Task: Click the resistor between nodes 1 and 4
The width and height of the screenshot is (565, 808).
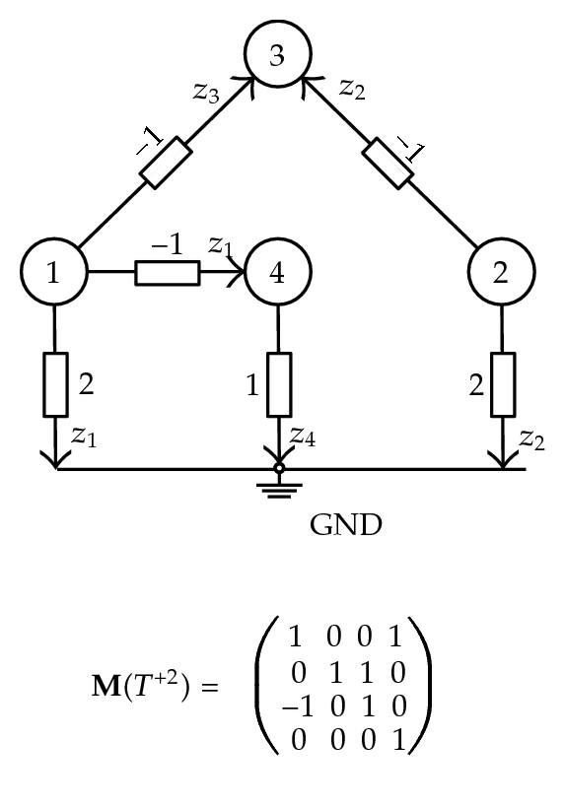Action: click(168, 273)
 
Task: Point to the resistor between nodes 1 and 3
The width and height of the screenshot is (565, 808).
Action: click(166, 163)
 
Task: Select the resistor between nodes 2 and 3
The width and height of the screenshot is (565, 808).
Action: click(388, 163)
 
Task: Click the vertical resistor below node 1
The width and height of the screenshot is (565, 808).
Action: click(55, 384)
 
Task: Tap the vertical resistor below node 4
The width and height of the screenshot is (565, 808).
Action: click(279, 384)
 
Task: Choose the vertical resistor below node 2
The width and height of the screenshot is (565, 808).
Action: click(503, 384)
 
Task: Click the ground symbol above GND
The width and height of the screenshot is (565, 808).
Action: click(279, 487)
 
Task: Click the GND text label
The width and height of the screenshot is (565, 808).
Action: click(346, 525)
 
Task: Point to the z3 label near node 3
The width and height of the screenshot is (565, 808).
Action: click(206, 93)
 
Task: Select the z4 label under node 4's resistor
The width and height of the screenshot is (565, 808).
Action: click(302, 437)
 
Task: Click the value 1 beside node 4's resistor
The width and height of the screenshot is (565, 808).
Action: click(252, 385)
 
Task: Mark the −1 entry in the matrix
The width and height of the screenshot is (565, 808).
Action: click(298, 707)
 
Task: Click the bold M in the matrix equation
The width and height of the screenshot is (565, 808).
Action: click(106, 686)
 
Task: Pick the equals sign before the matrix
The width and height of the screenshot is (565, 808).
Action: click(210, 687)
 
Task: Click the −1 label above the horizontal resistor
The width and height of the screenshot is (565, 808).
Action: click(168, 244)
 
